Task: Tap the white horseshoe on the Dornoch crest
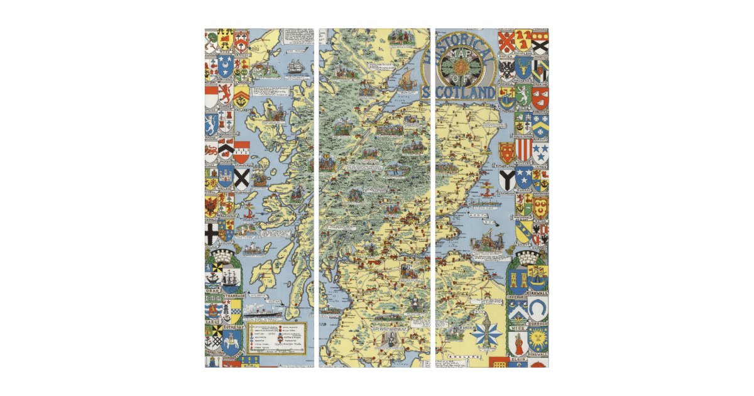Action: click(538, 307)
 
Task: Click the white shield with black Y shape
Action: click(506, 179)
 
